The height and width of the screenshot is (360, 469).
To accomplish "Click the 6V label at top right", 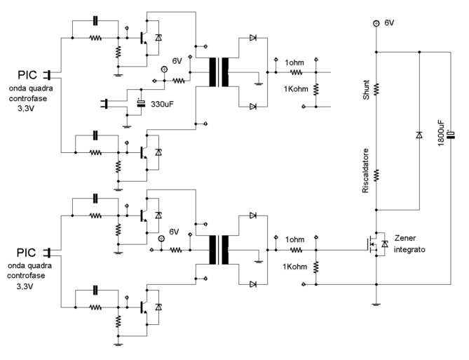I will coord(389,22).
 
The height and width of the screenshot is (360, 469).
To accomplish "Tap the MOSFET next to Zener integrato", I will coord(369,244).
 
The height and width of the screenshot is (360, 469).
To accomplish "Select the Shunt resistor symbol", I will coord(376,89).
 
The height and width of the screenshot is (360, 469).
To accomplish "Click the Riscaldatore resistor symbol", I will coord(376,174).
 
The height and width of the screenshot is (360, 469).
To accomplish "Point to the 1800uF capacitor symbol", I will coord(449,133).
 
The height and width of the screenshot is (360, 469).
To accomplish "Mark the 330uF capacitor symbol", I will coord(141,105).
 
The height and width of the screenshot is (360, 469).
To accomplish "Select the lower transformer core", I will coord(218,249).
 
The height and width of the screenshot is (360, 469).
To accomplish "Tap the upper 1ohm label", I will coord(294,62).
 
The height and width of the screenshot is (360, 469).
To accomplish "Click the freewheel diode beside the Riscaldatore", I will coord(419,133).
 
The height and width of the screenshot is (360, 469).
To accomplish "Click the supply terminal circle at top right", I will coord(376,23).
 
